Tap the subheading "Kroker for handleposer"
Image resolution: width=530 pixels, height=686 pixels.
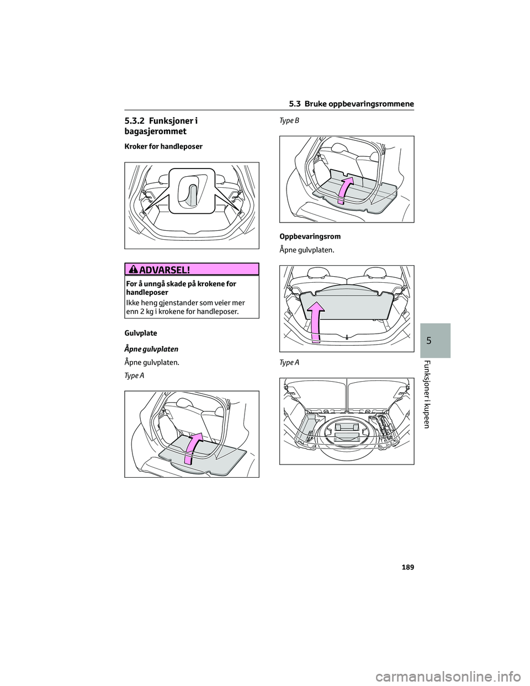(163, 146)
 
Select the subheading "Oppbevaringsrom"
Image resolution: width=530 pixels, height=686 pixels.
(310, 236)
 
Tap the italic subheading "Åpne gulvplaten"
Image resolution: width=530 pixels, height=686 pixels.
(151, 349)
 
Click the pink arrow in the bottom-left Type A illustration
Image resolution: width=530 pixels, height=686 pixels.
(192, 448)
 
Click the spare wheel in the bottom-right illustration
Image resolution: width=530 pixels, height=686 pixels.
(346, 436)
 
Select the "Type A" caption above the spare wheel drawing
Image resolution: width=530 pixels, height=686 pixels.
(289, 362)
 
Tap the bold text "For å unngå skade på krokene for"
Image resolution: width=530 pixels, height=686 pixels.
(181, 284)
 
